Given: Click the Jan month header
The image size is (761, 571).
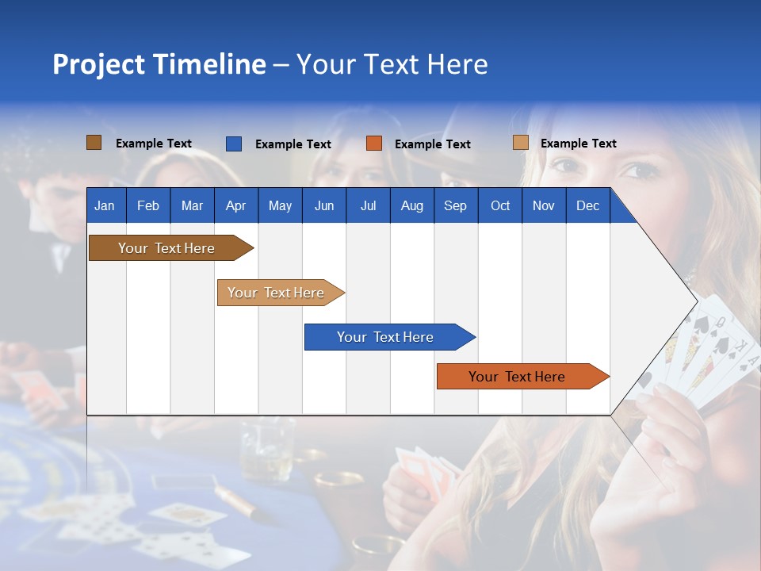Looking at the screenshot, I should tap(105, 205).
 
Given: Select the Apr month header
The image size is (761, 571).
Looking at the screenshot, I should tap(235, 205).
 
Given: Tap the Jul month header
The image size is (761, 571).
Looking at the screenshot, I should tap(368, 205).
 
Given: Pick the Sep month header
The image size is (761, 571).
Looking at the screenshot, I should tap(455, 205).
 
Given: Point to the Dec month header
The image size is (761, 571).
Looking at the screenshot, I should tap(587, 205).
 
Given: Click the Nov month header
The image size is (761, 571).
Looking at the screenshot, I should tap(543, 205).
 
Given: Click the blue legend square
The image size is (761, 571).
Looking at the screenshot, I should tap(233, 144).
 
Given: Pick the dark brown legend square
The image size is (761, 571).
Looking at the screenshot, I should tap(94, 143).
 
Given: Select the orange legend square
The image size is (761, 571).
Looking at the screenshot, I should tap(374, 144).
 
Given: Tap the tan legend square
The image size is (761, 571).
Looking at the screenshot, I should tap(520, 143).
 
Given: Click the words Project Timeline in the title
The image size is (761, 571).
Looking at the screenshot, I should tap(159, 64).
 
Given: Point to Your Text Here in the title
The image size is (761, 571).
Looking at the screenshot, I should tap(392, 64).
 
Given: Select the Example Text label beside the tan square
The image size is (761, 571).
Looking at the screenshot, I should tap(578, 144).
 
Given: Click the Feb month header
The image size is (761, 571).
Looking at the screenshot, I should tap(148, 205).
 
